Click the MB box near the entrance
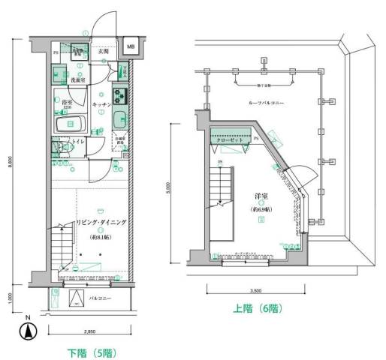coord(131,46)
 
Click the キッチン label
coord(102,105)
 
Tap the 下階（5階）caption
coord(91,351)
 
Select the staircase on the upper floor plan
coord(223,187)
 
